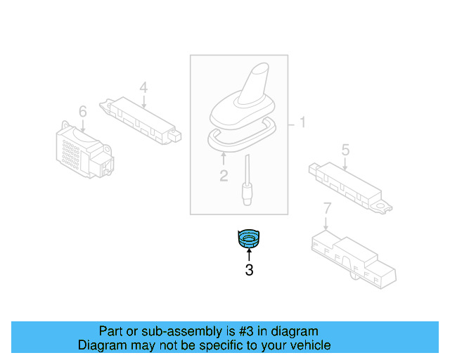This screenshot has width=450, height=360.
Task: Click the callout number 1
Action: point(302,123)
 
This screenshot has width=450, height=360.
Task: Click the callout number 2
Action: point(224,176)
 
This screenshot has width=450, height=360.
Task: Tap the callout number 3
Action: point(248,269)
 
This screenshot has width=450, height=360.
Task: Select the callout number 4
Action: point(143,88)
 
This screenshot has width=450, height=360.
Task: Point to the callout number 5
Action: point(345,149)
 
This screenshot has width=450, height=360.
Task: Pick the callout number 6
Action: point(82,111)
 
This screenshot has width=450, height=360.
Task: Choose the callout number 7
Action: point(326,208)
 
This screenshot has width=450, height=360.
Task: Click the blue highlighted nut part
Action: point(248,240)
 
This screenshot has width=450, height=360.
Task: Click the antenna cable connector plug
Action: point(247,193)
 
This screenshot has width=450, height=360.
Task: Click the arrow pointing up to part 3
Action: point(248,255)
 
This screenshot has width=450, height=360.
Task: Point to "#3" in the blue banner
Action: point(236,331)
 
